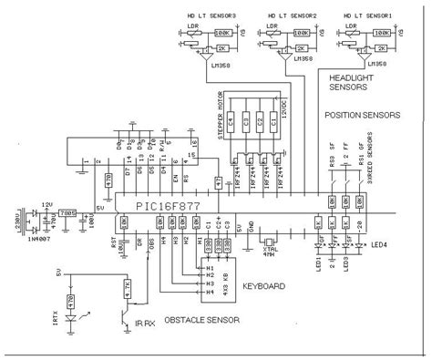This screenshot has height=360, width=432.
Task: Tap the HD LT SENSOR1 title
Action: (367, 15)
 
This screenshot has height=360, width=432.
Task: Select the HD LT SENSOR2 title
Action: (291, 15)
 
